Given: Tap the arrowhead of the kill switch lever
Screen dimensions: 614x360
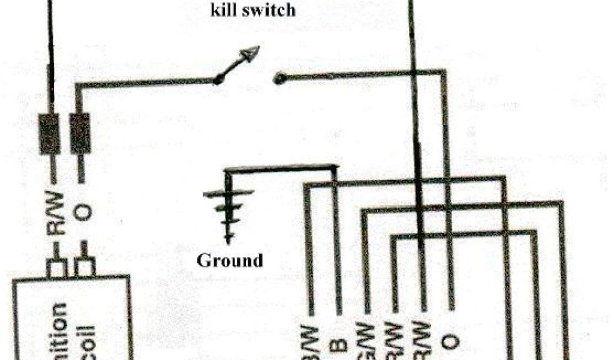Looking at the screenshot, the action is (252, 53).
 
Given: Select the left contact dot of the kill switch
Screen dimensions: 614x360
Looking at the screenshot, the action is (219, 79).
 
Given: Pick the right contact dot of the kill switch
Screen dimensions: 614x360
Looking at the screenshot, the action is (278, 78).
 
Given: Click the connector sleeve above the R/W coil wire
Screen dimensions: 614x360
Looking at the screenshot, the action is (50, 135).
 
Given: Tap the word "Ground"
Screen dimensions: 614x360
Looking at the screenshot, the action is (230, 260).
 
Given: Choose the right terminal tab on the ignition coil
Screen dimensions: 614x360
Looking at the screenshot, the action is (85, 268).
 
